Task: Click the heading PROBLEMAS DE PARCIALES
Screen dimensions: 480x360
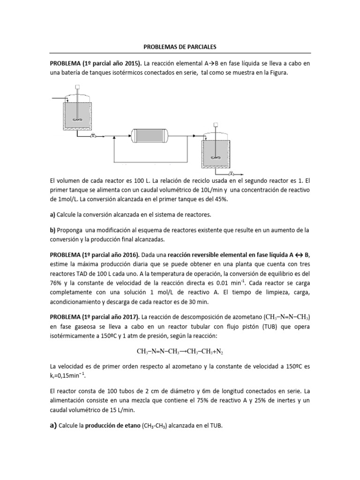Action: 180,47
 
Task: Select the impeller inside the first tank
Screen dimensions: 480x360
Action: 77,120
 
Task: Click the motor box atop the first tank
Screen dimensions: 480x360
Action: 77,86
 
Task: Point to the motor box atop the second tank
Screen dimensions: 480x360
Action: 216,125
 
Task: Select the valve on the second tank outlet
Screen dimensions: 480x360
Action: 231,173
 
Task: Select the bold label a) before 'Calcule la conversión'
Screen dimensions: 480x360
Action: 53,215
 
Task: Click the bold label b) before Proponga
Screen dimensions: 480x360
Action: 53,230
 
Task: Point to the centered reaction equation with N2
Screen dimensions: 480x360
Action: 180,351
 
